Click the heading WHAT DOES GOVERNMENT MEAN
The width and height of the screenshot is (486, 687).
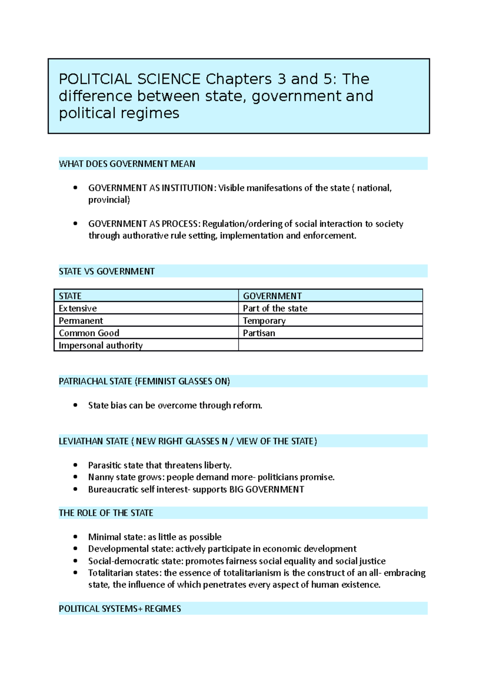pos(127,164)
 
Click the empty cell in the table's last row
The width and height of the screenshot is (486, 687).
pos(330,345)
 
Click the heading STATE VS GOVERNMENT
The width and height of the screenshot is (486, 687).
pos(107,271)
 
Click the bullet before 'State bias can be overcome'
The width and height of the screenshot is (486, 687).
pos(75,405)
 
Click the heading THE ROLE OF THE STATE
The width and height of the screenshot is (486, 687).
pos(106,513)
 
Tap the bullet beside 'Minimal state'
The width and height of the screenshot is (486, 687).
pos(75,537)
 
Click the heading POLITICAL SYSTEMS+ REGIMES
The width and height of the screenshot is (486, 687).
pos(119,609)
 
